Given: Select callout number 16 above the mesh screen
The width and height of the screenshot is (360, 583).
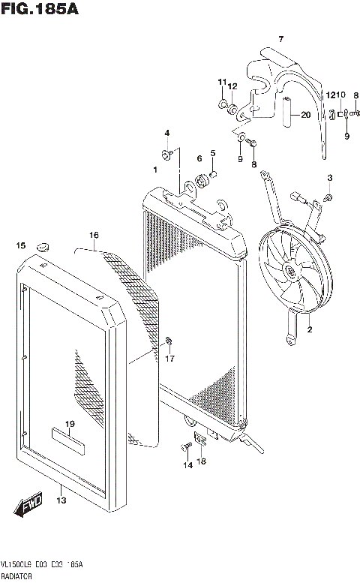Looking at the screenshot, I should coord(93,235).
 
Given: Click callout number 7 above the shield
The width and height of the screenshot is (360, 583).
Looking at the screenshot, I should coord(281,38).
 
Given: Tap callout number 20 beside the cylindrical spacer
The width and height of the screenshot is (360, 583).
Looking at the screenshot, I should coord(305,115).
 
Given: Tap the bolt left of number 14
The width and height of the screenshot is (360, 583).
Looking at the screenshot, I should coord(183,449).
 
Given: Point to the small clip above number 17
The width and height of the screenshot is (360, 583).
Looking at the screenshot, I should coord(169,344).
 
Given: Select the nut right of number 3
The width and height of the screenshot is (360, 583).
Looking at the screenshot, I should coord(328,197).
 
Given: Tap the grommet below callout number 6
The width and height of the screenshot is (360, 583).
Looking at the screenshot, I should coord(202,179).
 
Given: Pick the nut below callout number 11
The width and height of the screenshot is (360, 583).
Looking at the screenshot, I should coord(223,104).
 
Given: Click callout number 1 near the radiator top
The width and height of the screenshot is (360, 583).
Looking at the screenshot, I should coord(154,170).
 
